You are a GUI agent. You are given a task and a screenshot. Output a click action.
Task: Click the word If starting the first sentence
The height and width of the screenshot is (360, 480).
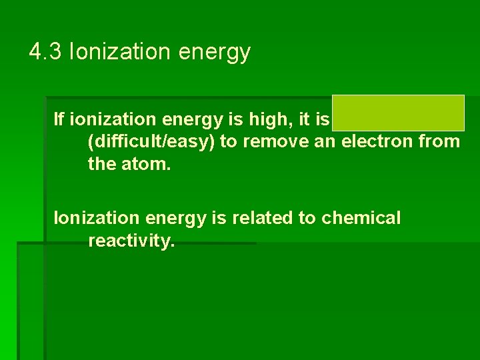(x=59, y=119)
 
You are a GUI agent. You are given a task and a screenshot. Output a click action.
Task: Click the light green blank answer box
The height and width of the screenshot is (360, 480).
(x=398, y=113)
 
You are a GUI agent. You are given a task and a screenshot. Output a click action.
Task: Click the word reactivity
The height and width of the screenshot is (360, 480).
(x=131, y=241)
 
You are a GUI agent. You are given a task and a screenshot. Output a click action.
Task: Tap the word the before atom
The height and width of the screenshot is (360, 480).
(x=101, y=164)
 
